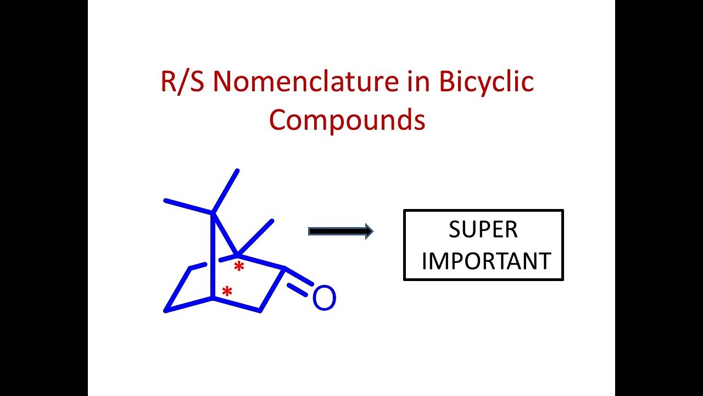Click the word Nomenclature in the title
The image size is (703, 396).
click(x=306, y=81)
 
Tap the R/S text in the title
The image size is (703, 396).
click(x=182, y=82)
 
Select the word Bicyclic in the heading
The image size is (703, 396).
click(x=486, y=81)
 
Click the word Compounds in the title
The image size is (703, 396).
click(x=347, y=119)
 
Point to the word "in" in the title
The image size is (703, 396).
click(x=419, y=81)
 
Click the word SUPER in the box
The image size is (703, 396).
click(x=483, y=229)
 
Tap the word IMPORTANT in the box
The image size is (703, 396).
click(x=486, y=261)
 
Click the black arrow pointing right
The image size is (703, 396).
click(x=341, y=232)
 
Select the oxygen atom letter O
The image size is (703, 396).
click(x=325, y=298)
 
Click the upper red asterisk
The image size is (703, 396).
click(x=239, y=266)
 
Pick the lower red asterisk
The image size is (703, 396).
click(x=227, y=291)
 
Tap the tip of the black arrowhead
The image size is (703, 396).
click(x=373, y=232)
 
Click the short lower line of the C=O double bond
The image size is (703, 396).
click(x=297, y=290)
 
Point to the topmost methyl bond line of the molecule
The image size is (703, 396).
click(x=225, y=192)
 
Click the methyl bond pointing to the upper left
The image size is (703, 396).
click(x=189, y=207)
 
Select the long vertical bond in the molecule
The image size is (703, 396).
click(x=213, y=256)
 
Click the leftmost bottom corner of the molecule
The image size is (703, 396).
click(x=165, y=311)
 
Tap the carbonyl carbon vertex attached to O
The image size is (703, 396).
click(x=284, y=268)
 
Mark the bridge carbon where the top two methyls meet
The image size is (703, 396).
click(x=213, y=214)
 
